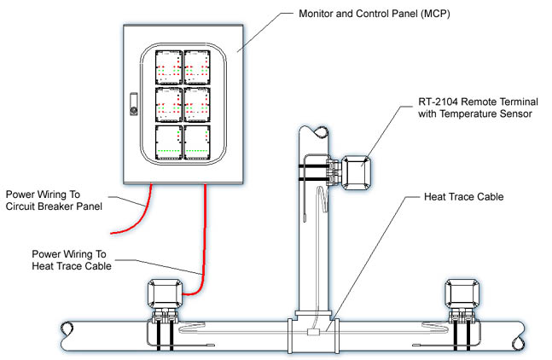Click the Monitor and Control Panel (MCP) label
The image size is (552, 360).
(x=375, y=14)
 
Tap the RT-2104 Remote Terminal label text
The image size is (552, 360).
(x=478, y=102)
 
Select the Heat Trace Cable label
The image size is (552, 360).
(x=463, y=197)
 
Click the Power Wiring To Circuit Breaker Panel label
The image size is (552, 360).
(x=54, y=200)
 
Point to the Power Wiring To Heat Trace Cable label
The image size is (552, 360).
(x=72, y=260)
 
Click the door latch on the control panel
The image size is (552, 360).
(x=134, y=104)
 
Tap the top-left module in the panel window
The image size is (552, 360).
(x=169, y=67)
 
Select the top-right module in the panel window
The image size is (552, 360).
(x=197, y=67)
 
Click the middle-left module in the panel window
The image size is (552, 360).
(x=169, y=105)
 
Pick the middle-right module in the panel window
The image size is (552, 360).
(x=197, y=105)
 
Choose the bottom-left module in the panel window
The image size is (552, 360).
(x=169, y=142)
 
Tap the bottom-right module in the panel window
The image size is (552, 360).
(x=197, y=142)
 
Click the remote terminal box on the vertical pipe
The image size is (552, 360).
(x=357, y=173)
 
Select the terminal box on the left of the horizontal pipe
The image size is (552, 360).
(x=165, y=294)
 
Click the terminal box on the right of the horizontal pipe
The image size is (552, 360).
(x=462, y=294)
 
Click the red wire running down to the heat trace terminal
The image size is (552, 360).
(x=203, y=247)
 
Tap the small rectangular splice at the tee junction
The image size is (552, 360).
(x=313, y=332)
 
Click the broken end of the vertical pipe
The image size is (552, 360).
(x=321, y=132)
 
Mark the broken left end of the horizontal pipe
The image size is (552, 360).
(x=67, y=336)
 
